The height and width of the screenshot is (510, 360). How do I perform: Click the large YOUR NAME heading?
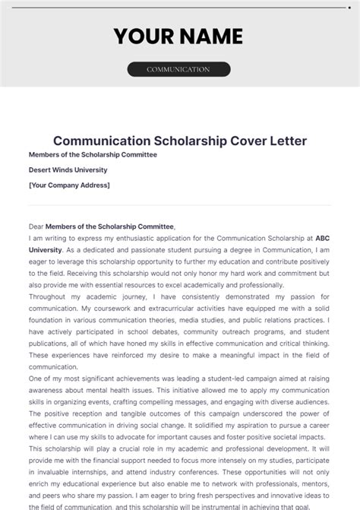tap(178, 36)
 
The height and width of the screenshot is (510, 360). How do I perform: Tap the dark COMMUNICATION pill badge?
tap(178, 69)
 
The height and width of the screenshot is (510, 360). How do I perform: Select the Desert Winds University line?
tap(68, 169)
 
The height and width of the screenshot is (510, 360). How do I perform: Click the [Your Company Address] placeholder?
tap(69, 185)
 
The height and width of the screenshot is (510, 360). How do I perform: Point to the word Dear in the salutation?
tap(36, 226)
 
